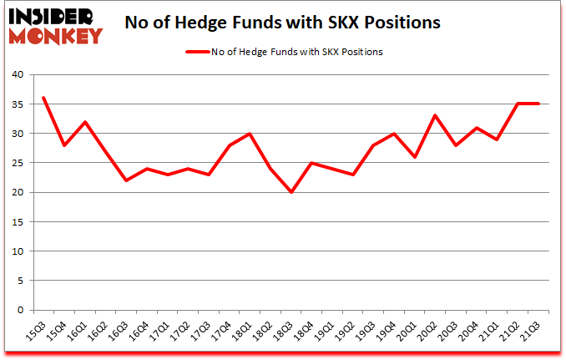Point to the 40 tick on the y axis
tap(19, 74)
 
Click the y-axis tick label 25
tap(19, 163)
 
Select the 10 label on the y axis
tap(19, 251)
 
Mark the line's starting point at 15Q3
tap(43, 98)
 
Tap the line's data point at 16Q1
tap(85, 122)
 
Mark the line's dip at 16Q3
tap(127, 180)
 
